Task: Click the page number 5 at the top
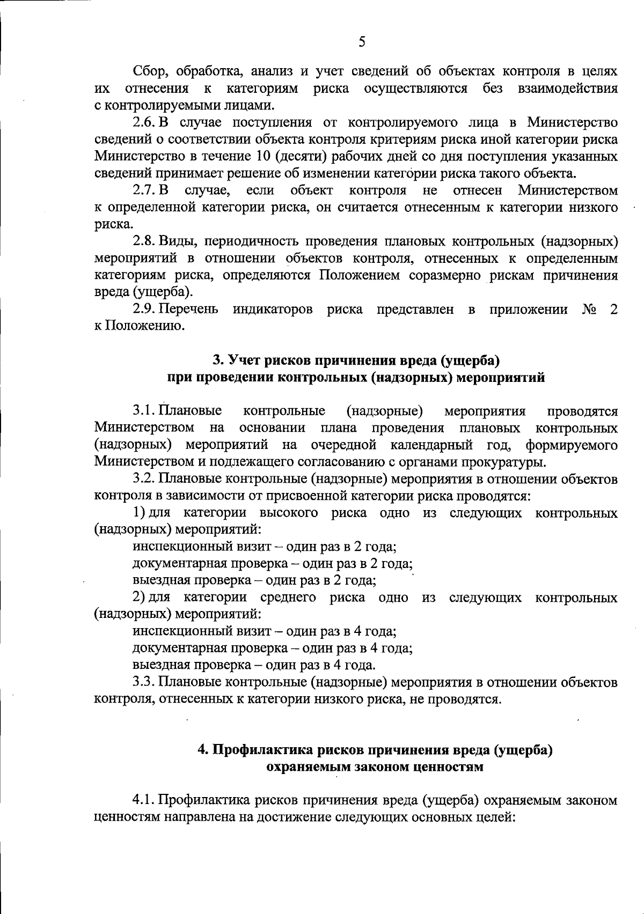pyautogui.click(x=362, y=42)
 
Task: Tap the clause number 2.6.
pyautogui.click(x=143, y=122)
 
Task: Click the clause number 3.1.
pyautogui.click(x=143, y=411)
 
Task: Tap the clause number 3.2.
pyautogui.click(x=143, y=478)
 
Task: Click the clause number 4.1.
pyautogui.click(x=143, y=801)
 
